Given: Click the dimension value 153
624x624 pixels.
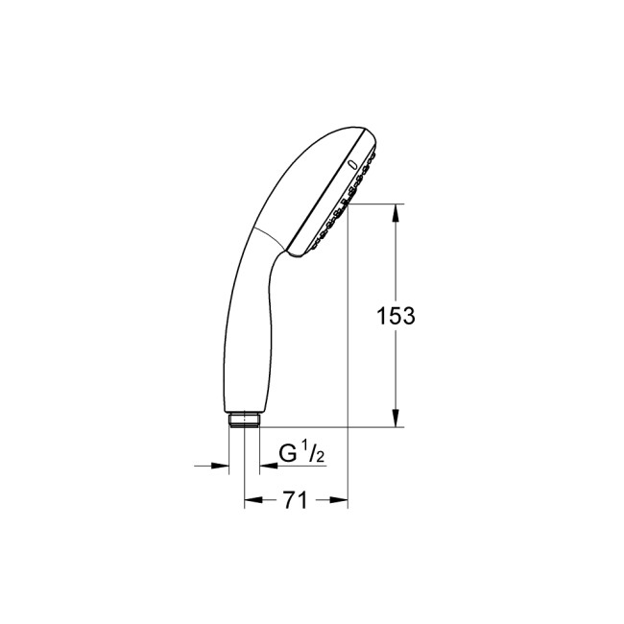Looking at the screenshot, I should tap(396, 316).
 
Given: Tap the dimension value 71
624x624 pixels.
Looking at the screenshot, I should tap(295, 500).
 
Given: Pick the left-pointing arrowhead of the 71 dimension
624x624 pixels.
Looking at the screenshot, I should tap(253, 500).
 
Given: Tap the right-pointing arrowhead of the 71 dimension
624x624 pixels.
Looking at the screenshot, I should tap(337, 500).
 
